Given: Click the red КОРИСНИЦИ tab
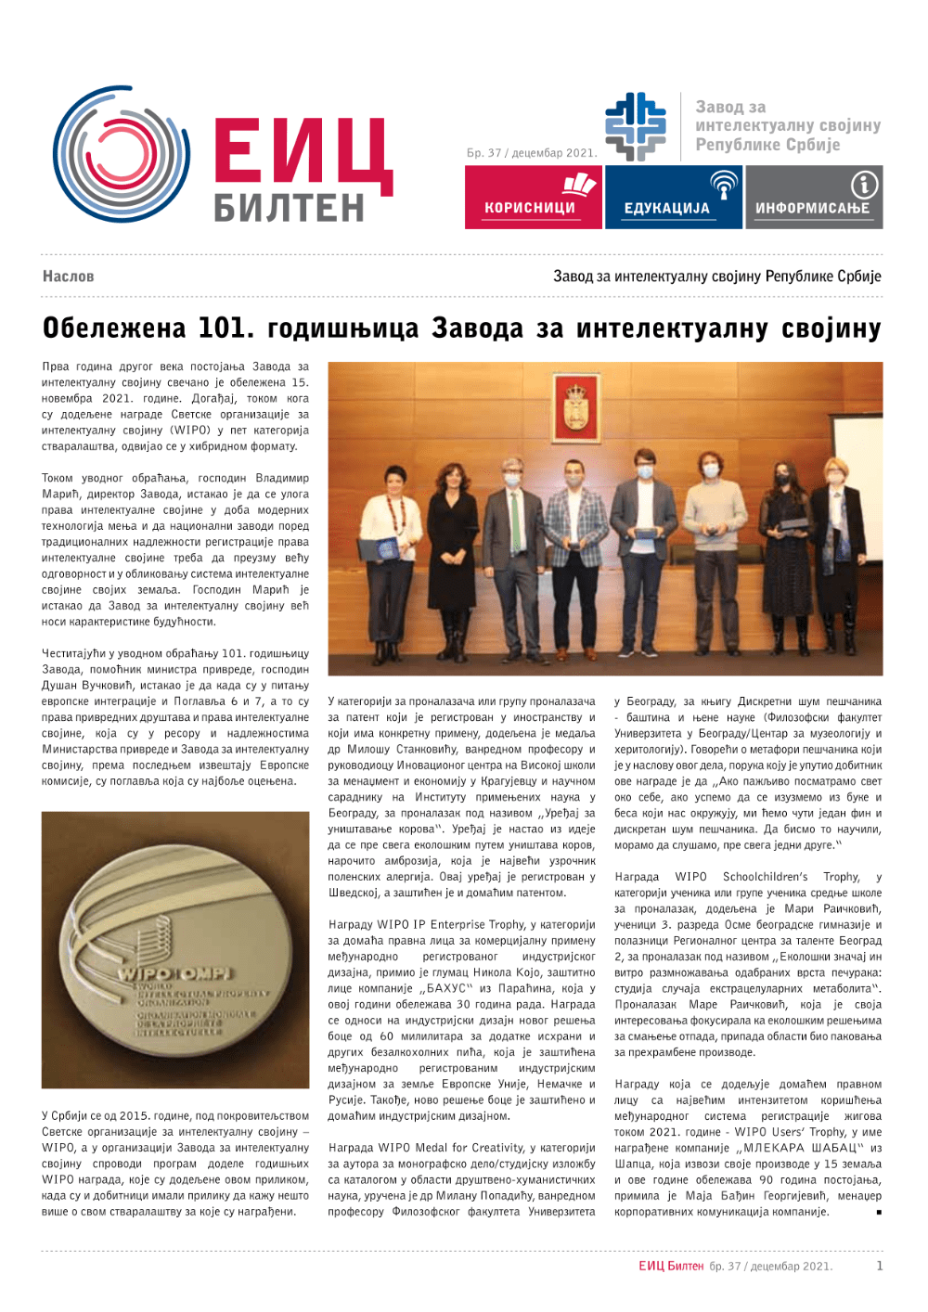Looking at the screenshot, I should [533, 198].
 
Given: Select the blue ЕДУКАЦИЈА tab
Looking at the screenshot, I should [674, 198].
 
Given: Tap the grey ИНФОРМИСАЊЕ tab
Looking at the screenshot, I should [814, 198].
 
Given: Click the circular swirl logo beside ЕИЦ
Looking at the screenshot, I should [122, 153].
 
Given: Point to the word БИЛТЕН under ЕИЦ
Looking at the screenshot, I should [290, 209].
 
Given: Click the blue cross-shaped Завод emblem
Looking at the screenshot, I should [636, 126].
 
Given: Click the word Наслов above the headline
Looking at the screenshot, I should [68, 277].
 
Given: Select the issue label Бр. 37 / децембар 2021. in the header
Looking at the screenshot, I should [532, 153].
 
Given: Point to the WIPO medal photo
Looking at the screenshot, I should [175, 949].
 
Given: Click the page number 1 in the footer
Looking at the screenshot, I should [880, 1266].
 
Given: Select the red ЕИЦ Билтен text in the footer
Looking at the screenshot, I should [671, 1267].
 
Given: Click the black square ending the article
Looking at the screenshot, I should [878, 1212].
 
